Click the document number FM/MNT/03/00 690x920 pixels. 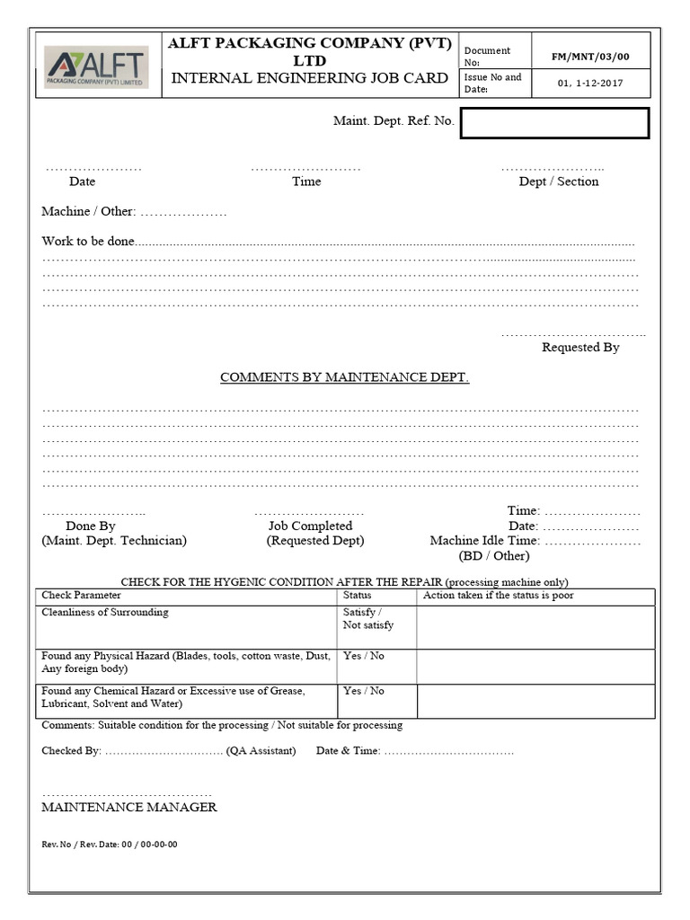pyautogui.click(x=590, y=57)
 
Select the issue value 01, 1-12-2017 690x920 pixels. pyautogui.click(x=590, y=84)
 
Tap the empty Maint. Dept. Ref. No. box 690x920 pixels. pyautogui.click(x=553, y=123)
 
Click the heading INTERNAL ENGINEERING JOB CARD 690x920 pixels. pyautogui.click(x=309, y=78)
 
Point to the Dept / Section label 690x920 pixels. pyautogui.click(x=558, y=181)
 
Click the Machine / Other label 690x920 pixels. pyautogui.click(x=88, y=211)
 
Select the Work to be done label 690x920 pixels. pyautogui.click(x=88, y=242)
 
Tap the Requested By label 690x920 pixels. pyautogui.click(x=580, y=347)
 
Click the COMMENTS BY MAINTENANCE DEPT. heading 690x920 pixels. pyautogui.click(x=345, y=377)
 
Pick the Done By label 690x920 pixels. pyautogui.click(x=91, y=526)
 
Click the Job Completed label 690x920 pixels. pyautogui.click(x=310, y=526)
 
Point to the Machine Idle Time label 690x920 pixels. pyautogui.click(x=484, y=541)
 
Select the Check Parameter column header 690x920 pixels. pyautogui.click(x=82, y=596)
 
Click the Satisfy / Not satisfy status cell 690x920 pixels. pyautogui.click(x=367, y=619)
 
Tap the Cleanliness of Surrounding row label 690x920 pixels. pyautogui.click(x=105, y=613)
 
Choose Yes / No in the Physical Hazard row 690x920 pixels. pyautogui.click(x=363, y=656)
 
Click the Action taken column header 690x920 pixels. pyautogui.click(x=498, y=596)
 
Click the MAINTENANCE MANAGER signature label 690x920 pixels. pyautogui.click(x=129, y=807)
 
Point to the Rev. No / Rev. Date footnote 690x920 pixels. pyautogui.click(x=109, y=845)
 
